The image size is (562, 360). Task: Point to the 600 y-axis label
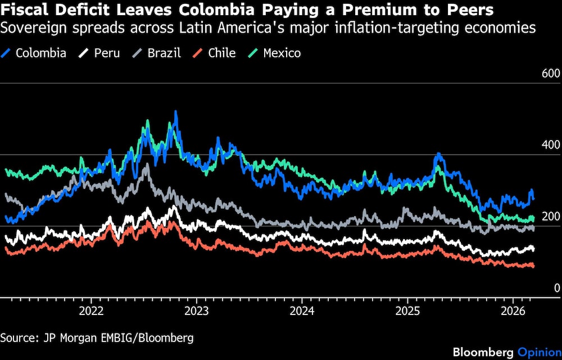tap(550, 74)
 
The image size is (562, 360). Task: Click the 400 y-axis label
tap(550, 145)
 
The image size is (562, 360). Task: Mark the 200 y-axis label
tap(550, 217)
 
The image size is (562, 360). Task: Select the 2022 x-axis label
tap(91, 310)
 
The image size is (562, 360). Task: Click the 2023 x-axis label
tap(197, 310)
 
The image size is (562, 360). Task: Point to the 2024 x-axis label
tap(302, 310)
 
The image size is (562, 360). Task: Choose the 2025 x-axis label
tap(408, 310)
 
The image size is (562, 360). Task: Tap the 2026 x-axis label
tap(513, 310)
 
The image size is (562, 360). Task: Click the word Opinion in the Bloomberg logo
tap(540, 352)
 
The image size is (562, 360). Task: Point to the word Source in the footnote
tap(19, 337)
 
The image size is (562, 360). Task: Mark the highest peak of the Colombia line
tap(175, 112)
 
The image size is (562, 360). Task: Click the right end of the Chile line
tap(532, 265)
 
